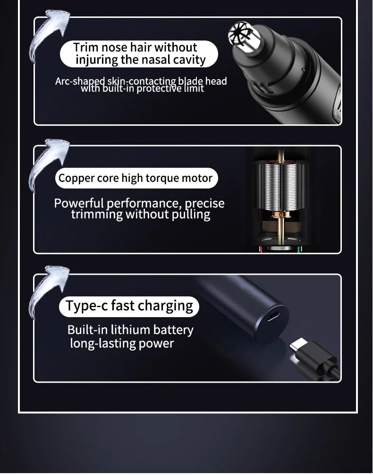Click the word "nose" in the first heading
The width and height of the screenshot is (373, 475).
coord(114,48)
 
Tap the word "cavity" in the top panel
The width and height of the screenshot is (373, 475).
coord(189,60)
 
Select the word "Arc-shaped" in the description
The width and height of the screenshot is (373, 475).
coord(80,82)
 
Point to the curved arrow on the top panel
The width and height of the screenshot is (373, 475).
coord(49,33)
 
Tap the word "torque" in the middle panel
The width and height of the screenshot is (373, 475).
coord(162,179)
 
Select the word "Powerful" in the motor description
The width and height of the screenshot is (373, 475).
coord(79,203)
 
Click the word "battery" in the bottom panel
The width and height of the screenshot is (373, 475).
coord(173,330)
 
